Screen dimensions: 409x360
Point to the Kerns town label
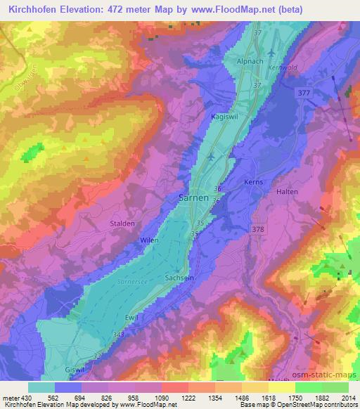[x=253, y=182]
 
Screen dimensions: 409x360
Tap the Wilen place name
[x=150, y=240]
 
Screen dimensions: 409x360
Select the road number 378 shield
[x=258, y=229]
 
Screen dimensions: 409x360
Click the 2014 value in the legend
[x=349, y=397]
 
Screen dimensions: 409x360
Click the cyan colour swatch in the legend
[x=41, y=387]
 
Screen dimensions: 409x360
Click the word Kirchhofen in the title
[x=36, y=10]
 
